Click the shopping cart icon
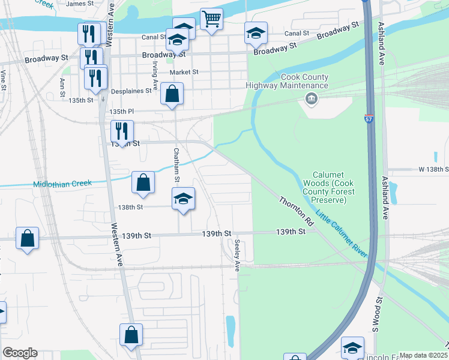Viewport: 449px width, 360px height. pyautogui.click(x=211, y=19)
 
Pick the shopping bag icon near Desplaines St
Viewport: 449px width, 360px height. pyautogui.click(x=172, y=94)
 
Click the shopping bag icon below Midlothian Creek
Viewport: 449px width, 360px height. pyautogui.click(x=143, y=183)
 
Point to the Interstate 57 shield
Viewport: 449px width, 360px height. pyautogui.click(x=369, y=119)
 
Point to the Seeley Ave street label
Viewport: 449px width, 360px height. pyautogui.click(x=238, y=256)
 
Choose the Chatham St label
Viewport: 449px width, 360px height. pyautogui.click(x=176, y=166)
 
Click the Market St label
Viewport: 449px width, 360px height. pyautogui.click(x=184, y=72)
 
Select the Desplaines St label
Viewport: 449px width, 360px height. pyautogui.click(x=131, y=92)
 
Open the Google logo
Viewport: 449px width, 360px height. pyautogui.click(x=20, y=353)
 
